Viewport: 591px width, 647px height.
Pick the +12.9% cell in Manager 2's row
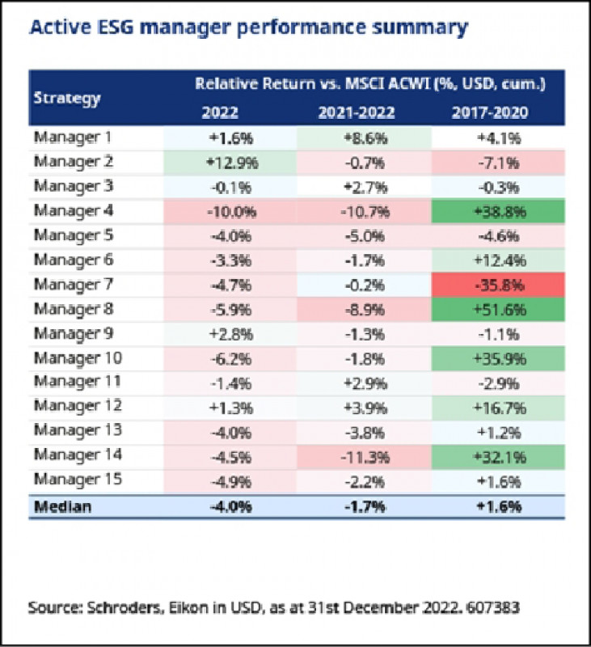click(230, 163)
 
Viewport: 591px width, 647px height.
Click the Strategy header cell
click(67, 99)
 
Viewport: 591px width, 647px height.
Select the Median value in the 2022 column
click(230, 507)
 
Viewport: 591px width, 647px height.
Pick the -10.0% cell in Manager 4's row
click(230, 212)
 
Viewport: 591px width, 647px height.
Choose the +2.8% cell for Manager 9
click(230, 333)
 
